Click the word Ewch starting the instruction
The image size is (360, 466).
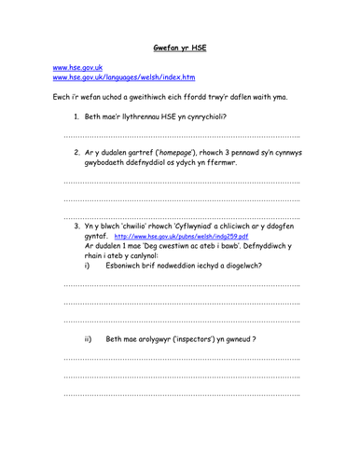click(x=62, y=97)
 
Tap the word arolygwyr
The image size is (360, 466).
click(x=155, y=339)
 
